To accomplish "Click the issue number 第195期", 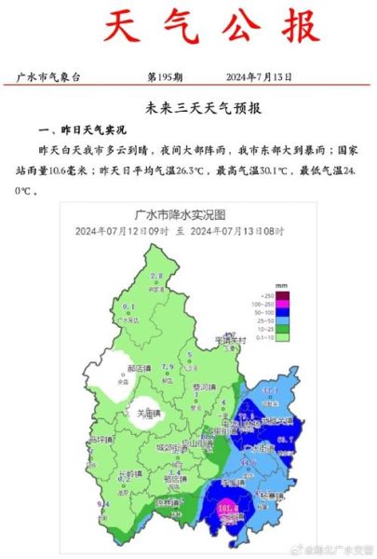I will pos(168,76).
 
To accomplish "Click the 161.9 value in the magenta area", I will pos(226,509).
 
